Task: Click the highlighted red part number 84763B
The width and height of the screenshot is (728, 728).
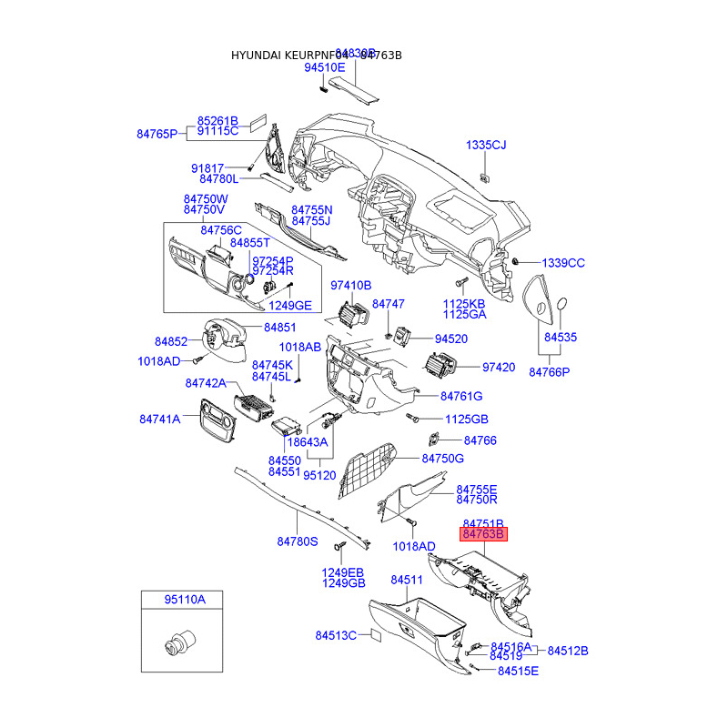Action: click(x=482, y=534)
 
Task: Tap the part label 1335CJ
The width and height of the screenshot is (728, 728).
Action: click(x=486, y=146)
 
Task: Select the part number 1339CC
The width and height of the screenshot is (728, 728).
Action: click(x=563, y=263)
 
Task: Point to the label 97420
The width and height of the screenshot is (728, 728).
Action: click(x=499, y=368)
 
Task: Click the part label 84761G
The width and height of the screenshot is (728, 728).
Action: click(x=461, y=396)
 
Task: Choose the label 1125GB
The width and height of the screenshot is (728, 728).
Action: click(x=467, y=420)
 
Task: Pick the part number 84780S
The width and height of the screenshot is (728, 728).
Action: click(x=298, y=541)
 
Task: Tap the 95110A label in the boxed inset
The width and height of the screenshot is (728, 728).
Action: click(x=185, y=600)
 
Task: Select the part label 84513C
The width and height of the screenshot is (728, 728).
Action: click(x=336, y=635)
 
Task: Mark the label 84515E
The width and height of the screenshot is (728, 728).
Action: click(x=518, y=671)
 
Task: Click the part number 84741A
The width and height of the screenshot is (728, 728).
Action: click(x=160, y=419)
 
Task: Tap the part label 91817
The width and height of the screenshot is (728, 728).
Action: click(x=207, y=168)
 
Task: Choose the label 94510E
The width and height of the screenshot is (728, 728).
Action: click(x=325, y=67)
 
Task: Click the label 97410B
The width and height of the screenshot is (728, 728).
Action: click(x=351, y=285)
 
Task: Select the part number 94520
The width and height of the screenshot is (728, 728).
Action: click(x=450, y=339)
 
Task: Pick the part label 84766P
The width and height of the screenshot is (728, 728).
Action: click(x=549, y=372)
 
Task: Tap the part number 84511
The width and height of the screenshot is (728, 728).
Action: click(x=407, y=580)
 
